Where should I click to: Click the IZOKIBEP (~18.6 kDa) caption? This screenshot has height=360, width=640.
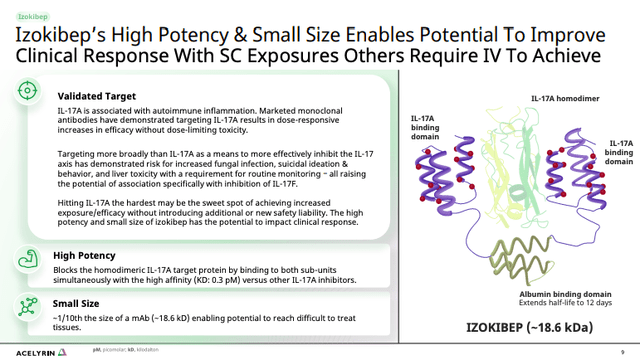pyautogui.click(x=528, y=328)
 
